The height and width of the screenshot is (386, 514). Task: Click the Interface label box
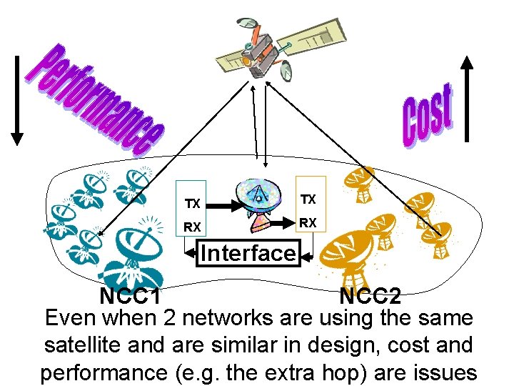pyautogui.click(x=248, y=253)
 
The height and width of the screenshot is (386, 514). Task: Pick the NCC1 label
pyautogui.click(x=129, y=295)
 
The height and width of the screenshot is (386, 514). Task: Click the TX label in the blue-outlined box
pyautogui.click(x=192, y=204)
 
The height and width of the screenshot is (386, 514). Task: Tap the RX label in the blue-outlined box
pyautogui.click(x=192, y=228)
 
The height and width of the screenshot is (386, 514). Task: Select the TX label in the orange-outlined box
pyautogui.click(x=308, y=198)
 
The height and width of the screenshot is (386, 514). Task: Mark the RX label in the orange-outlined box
pyautogui.click(x=308, y=222)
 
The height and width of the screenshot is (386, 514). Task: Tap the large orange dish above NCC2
pyautogui.click(x=350, y=254)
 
